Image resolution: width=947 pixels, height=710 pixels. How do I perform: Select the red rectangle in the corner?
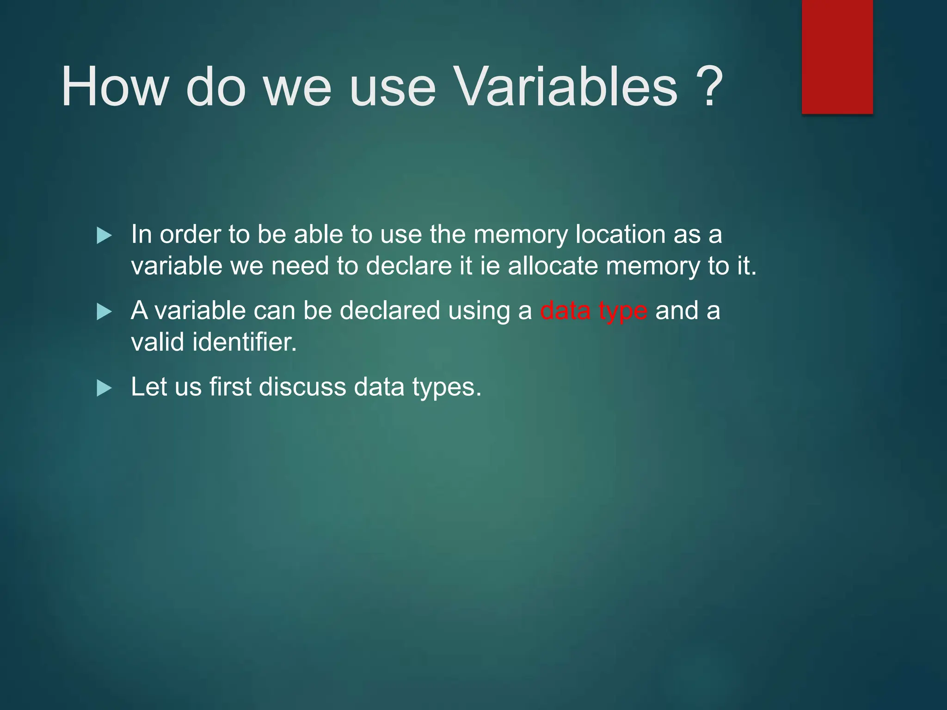(837, 56)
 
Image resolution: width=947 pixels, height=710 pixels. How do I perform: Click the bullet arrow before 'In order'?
(104, 236)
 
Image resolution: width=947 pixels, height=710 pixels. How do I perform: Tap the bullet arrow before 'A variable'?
(104, 312)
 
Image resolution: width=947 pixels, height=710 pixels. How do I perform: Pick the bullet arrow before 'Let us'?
(104, 388)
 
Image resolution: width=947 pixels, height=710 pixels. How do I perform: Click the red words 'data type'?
(593, 311)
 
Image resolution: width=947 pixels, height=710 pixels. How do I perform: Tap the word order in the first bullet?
(190, 234)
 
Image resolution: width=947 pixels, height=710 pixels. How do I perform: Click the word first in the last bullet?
(230, 387)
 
